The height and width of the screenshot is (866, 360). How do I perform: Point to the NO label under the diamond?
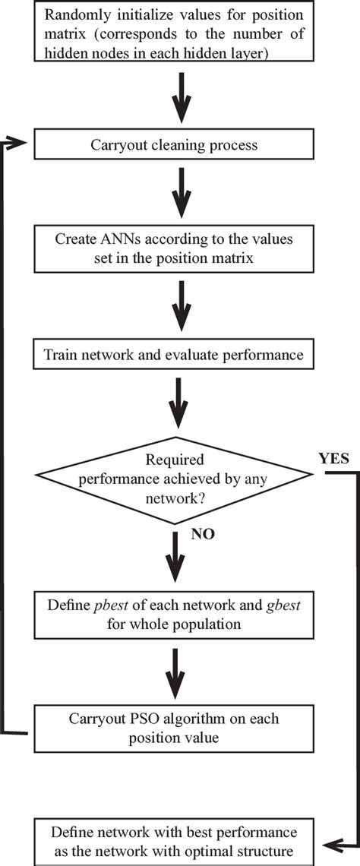[x=203, y=534]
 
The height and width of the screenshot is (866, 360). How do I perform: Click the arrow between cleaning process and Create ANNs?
[x=180, y=194]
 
